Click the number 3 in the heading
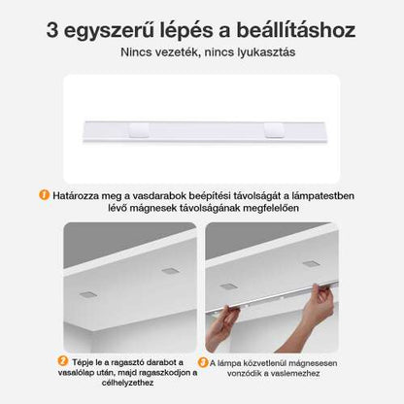(54, 28)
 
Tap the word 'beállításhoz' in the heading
(294, 28)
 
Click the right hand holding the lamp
(317, 309)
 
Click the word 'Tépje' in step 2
(87, 362)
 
